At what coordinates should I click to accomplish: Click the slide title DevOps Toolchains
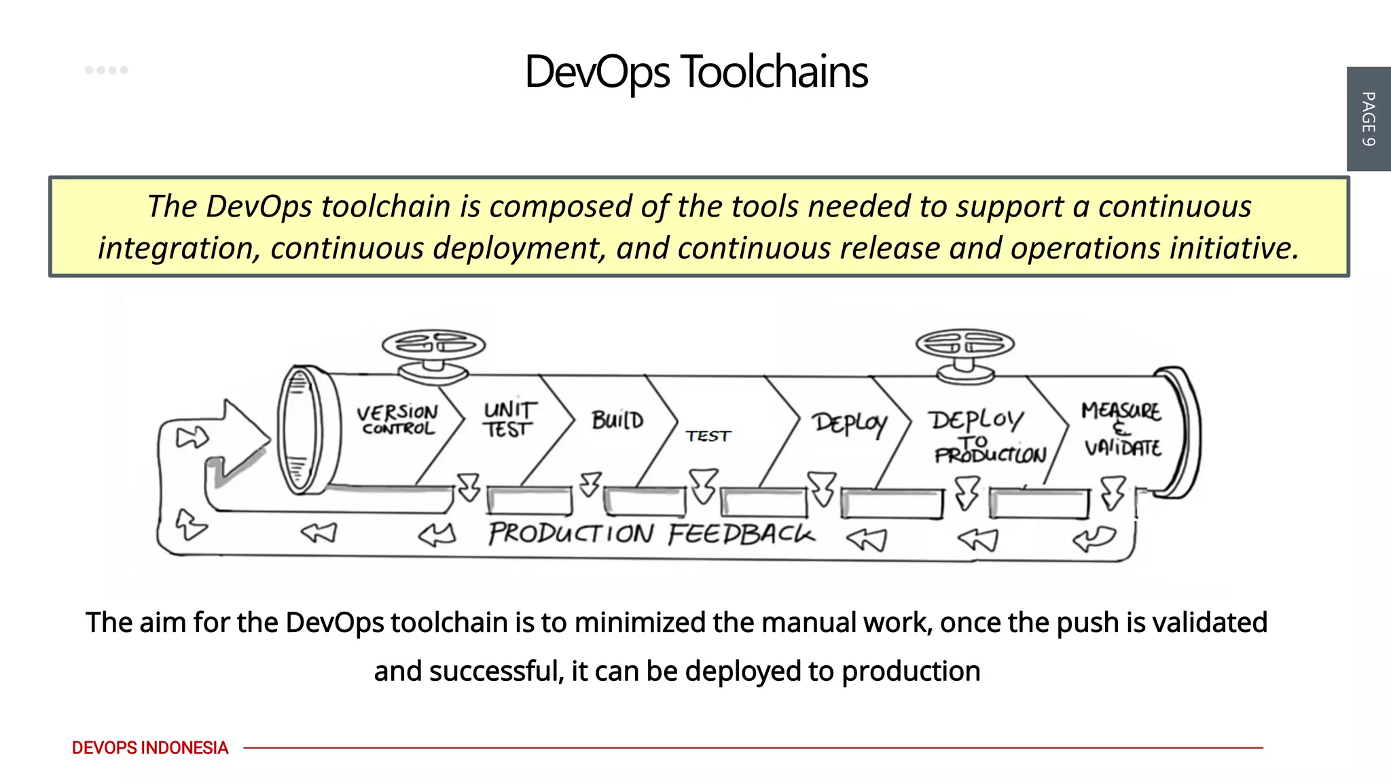tap(695, 72)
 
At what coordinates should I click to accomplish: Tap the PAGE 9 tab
tap(1368, 119)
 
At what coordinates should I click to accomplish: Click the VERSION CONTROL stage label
tap(398, 420)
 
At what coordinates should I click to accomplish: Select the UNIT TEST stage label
tap(509, 420)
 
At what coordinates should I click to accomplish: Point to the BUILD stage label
tap(617, 420)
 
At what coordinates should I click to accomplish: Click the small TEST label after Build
tap(708, 436)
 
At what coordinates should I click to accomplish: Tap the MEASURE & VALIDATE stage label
tap(1122, 429)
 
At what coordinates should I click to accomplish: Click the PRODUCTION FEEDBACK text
tap(651, 534)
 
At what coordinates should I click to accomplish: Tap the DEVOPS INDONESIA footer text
tap(150, 748)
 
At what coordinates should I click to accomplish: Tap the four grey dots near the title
tap(107, 70)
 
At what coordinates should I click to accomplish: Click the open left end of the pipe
tap(298, 430)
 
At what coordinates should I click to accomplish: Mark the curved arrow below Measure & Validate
tap(1094, 540)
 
